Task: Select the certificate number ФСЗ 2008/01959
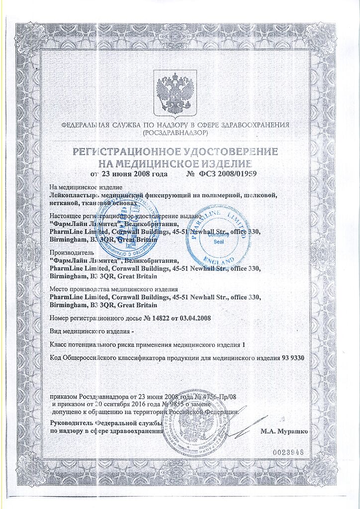point(228,174)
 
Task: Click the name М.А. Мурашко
point(284,430)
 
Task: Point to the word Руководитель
point(73,423)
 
